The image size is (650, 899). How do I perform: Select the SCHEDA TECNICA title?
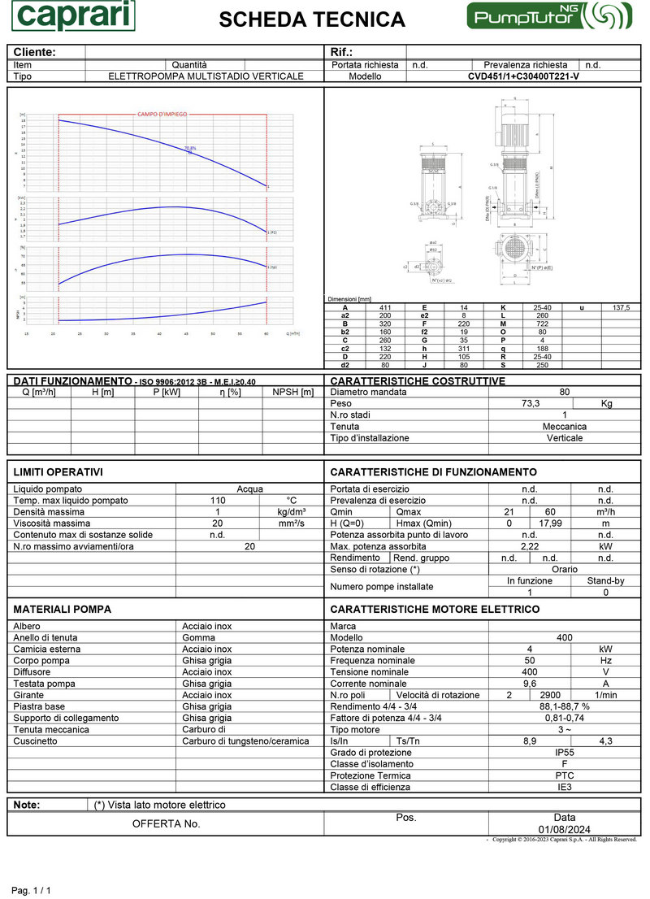click(312, 20)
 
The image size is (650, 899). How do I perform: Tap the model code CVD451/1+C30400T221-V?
click(523, 76)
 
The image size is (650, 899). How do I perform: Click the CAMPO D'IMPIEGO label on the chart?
click(161, 114)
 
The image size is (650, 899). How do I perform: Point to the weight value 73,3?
click(531, 403)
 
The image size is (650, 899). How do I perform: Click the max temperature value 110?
click(218, 501)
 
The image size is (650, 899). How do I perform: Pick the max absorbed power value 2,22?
click(530, 546)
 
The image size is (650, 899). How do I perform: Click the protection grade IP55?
click(564, 753)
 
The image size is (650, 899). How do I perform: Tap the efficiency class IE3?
click(564, 787)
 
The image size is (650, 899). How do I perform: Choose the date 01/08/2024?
click(564, 829)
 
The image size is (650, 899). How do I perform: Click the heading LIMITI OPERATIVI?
click(58, 472)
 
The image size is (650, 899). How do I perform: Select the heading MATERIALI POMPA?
click(63, 609)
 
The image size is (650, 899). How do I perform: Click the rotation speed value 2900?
click(551, 695)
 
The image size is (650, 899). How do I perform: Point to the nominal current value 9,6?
click(530, 684)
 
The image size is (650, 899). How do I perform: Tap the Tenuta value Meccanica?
click(564, 426)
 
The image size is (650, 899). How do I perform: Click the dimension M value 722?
click(543, 324)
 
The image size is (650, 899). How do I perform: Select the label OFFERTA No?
click(166, 823)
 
